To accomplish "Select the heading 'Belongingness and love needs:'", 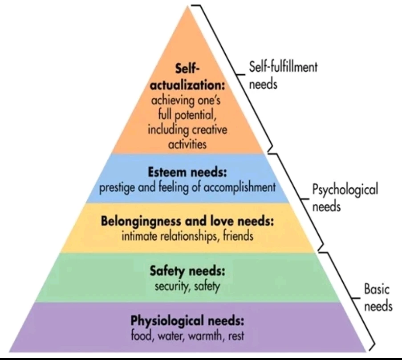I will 187,221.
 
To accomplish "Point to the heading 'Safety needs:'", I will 187,270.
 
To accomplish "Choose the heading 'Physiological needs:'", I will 187,320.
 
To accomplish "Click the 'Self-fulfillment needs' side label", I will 283,76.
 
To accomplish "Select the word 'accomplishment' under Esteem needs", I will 240,187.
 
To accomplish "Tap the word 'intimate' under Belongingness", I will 138,236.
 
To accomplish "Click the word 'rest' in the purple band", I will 236,336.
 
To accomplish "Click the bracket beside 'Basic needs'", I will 356,298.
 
